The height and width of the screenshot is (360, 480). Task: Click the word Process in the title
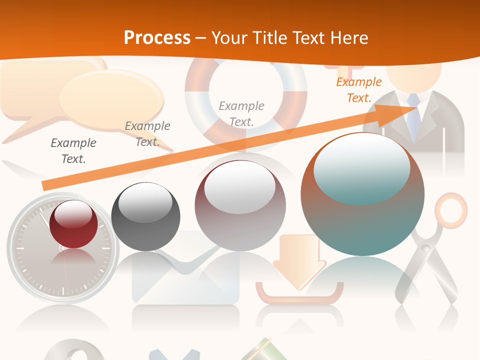click(157, 38)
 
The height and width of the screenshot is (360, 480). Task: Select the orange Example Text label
click(358, 90)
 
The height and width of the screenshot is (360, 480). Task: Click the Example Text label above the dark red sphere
click(73, 150)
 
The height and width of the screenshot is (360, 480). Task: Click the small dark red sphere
click(73, 224)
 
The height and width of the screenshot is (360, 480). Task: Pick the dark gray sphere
click(145, 216)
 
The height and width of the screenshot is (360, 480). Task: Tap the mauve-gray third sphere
click(240, 205)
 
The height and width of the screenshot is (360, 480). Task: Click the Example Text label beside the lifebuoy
click(241, 113)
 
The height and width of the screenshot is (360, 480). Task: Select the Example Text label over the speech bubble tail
click(147, 133)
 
